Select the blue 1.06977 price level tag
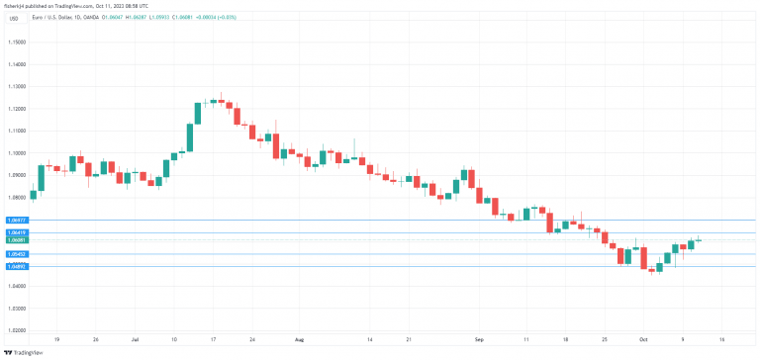[16, 220]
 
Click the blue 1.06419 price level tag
[16, 232]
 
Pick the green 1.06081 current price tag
[16, 240]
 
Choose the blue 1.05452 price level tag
[16, 254]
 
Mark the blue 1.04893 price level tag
[16, 266]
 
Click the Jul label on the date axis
[135, 338]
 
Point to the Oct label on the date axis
[640, 338]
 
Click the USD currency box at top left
[14, 18]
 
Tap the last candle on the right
[698, 239]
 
